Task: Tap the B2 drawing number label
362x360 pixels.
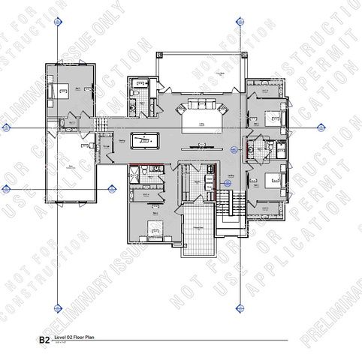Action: tap(44, 340)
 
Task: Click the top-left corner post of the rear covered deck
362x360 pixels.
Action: tap(158, 55)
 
